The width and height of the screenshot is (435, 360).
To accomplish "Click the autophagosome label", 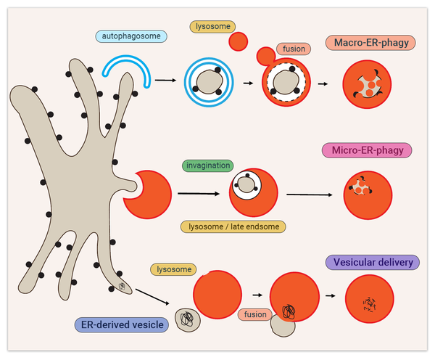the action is pyautogui.click(x=131, y=36).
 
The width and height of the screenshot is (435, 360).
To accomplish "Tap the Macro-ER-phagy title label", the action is pyautogui.click(x=370, y=43).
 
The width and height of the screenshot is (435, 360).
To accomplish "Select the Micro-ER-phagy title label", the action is pyautogui.click(x=367, y=150).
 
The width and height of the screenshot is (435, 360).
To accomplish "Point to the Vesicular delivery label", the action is pyautogui.click(x=373, y=262).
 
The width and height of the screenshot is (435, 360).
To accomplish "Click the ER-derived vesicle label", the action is pyautogui.click(x=122, y=324).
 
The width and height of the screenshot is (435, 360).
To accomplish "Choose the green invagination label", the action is pyautogui.click(x=208, y=165).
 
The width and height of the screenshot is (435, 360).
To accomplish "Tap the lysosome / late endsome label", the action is pyautogui.click(x=233, y=226).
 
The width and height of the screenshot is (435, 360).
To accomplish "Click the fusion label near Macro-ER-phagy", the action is pyautogui.click(x=294, y=49).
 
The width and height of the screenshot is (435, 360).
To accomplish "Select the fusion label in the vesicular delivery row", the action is pyautogui.click(x=254, y=314).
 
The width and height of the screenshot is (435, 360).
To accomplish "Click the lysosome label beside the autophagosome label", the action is pyautogui.click(x=212, y=27).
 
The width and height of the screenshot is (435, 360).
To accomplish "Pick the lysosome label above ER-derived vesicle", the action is pyautogui.click(x=174, y=269).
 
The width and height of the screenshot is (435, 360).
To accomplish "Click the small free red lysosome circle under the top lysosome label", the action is pyautogui.click(x=239, y=41).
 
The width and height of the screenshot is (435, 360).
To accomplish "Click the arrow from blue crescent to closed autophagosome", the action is pyautogui.click(x=165, y=81).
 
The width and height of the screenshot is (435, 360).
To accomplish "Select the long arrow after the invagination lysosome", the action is pyautogui.click(x=310, y=195).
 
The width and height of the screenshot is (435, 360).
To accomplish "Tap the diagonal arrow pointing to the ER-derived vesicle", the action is pyautogui.click(x=152, y=297).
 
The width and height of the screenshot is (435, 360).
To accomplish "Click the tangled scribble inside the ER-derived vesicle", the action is pyautogui.click(x=187, y=319).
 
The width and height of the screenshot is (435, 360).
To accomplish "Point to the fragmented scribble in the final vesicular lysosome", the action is pyautogui.click(x=370, y=304).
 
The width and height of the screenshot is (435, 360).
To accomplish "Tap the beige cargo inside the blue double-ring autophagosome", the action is pyautogui.click(x=210, y=82).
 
